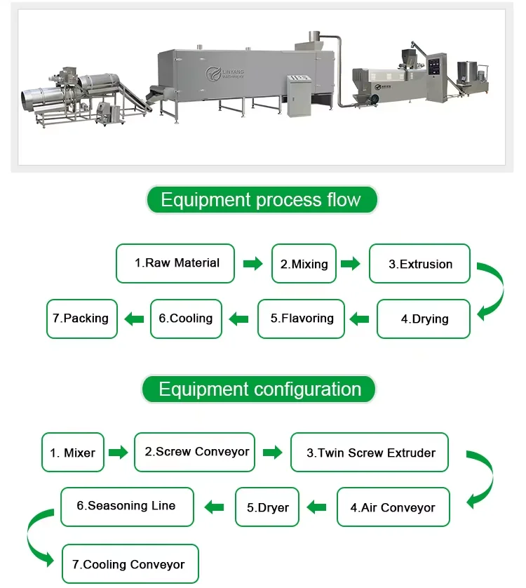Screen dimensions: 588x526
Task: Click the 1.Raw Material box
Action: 175,263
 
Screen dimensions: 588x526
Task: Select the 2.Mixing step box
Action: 304,264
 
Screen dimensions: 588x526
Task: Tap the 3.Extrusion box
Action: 419,264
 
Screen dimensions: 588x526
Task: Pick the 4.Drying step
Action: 424,319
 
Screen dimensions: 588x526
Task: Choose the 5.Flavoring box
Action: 301,319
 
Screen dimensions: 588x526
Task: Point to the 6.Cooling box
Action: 186,319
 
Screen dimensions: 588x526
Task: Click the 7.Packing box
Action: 81,319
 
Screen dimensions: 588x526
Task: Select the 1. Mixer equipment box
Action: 73,453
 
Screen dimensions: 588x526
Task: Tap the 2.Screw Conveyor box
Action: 194,452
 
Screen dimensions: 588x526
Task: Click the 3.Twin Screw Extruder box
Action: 369,453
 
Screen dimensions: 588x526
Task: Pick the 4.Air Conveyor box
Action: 393,507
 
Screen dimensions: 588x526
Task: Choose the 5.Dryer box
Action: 267,507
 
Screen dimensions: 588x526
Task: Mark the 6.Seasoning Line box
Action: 126,506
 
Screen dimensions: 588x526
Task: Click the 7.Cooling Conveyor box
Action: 130,563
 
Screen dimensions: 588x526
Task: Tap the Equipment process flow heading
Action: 261,200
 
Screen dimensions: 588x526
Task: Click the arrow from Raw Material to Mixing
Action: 252,264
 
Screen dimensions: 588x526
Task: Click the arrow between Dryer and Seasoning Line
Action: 214,506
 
